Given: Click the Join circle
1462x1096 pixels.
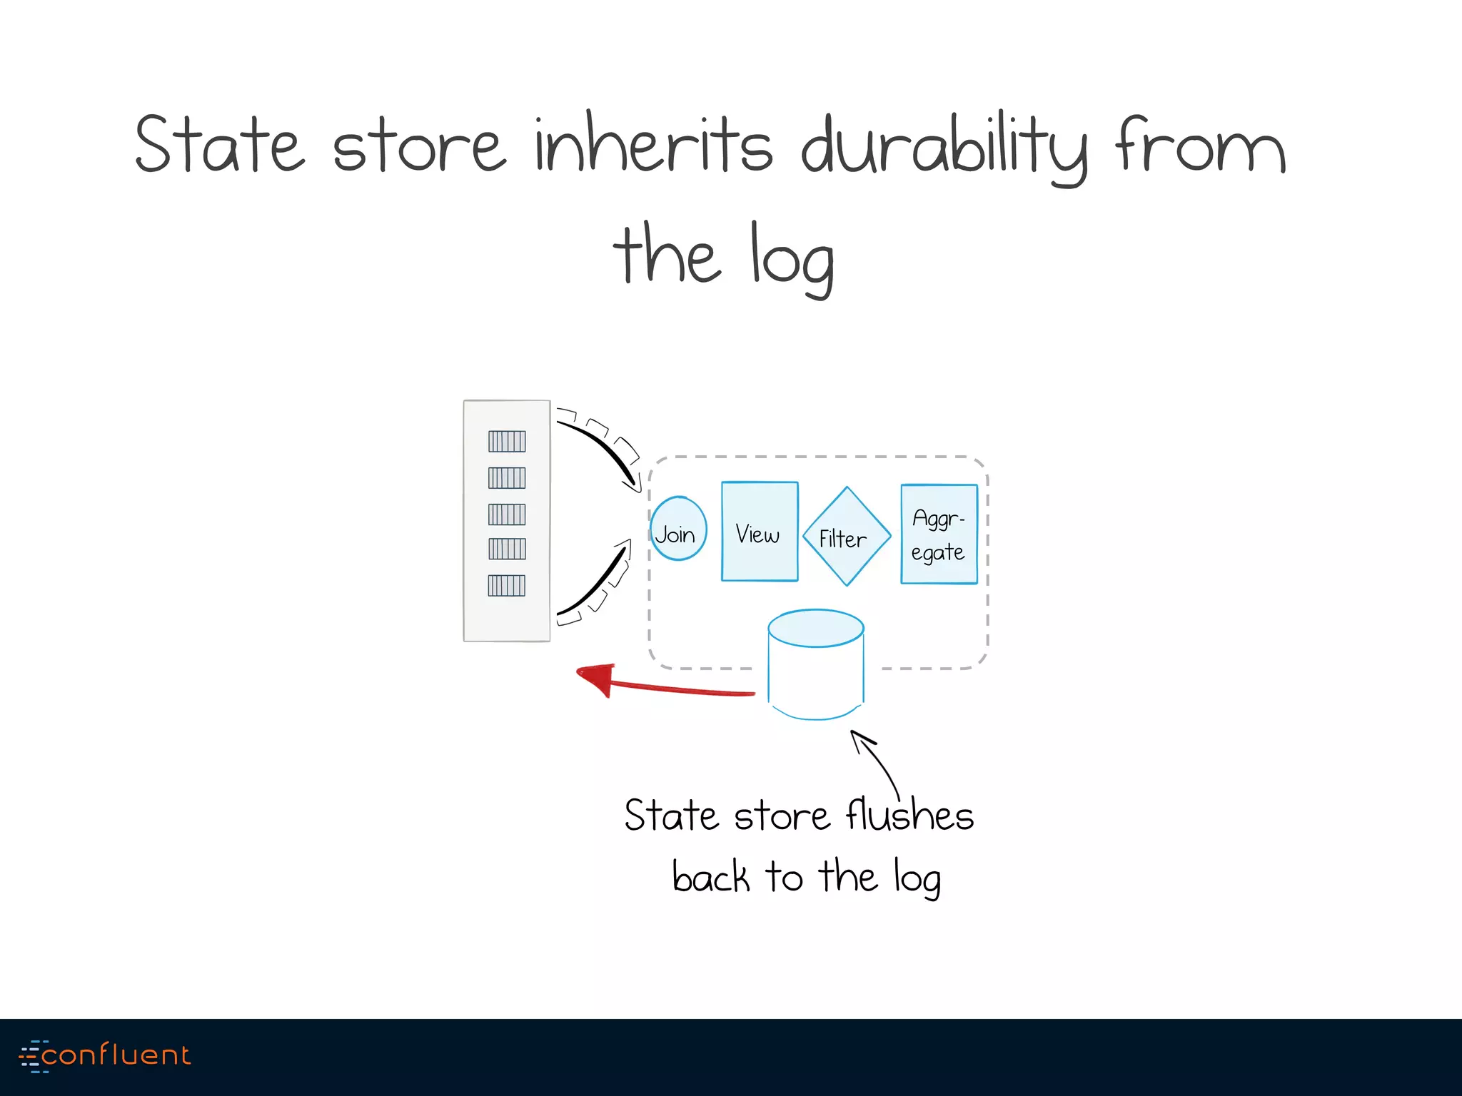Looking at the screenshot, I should pyautogui.click(x=677, y=529).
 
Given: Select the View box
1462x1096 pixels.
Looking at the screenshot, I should pyautogui.click(x=760, y=532).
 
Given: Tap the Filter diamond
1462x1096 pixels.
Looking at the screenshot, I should pyautogui.click(x=847, y=537).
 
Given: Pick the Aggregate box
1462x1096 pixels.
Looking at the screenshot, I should pyautogui.click(x=939, y=534).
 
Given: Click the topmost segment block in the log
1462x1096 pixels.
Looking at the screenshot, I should pyautogui.click(x=507, y=442).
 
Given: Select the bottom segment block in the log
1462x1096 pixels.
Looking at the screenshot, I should pyautogui.click(x=507, y=586).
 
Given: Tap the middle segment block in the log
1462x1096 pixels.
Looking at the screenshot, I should pyautogui.click(x=507, y=514).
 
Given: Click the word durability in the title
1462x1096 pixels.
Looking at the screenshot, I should pyautogui.click(x=944, y=146).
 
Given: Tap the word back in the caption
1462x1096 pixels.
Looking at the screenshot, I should pyautogui.click(x=710, y=877).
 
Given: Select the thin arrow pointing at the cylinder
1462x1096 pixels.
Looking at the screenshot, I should pyautogui.click(x=877, y=763).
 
